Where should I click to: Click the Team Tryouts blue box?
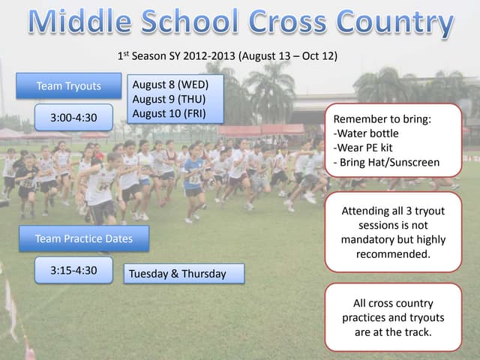(x=68, y=86)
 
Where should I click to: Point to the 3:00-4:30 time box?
(x=73, y=118)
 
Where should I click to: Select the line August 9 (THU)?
(x=168, y=99)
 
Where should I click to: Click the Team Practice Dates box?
(x=83, y=238)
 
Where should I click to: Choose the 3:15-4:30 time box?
(x=73, y=270)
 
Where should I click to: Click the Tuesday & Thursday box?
(x=177, y=274)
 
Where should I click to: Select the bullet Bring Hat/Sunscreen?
(x=386, y=162)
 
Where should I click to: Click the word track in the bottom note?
(x=417, y=332)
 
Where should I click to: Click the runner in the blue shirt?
(x=193, y=176)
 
